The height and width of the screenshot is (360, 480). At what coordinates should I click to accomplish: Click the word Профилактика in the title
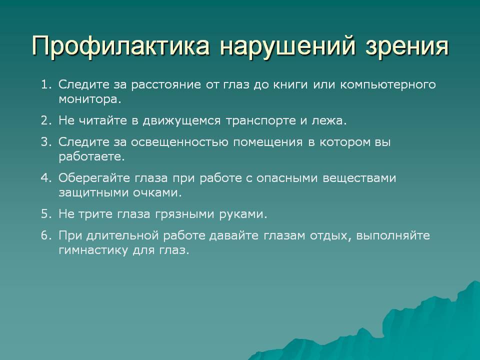pyautogui.click(x=121, y=46)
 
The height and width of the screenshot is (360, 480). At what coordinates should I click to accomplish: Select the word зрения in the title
pyautogui.click(x=407, y=46)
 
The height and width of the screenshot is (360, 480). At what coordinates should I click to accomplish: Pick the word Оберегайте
pyautogui.click(x=94, y=178)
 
